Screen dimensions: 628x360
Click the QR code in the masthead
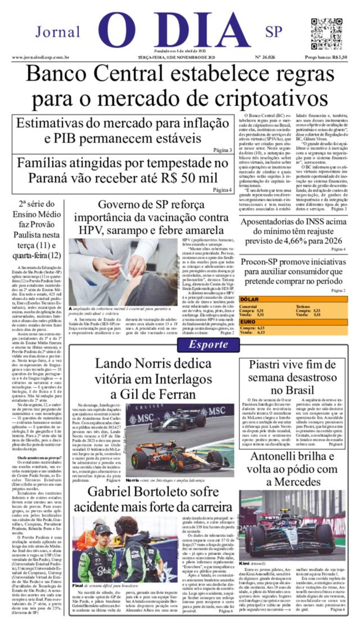point(326,34)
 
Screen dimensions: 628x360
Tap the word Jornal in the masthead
point(58,32)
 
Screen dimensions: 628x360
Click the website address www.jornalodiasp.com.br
point(40,57)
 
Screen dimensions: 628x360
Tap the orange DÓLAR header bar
point(293,299)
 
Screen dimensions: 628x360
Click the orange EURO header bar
point(293,322)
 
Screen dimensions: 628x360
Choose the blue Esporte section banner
point(208,345)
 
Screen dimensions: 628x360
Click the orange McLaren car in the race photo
point(179,457)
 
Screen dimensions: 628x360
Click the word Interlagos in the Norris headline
point(183,379)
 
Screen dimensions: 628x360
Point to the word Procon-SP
point(258,262)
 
